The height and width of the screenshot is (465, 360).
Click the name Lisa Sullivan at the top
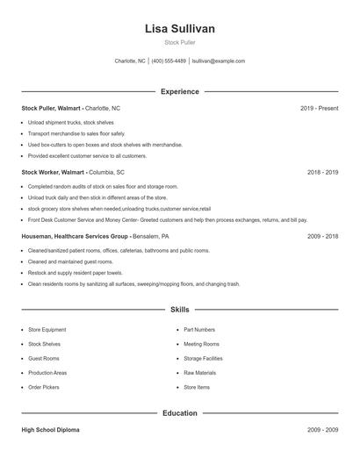[x=180, y=29]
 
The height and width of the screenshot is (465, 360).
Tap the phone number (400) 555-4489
[x=169, y=61]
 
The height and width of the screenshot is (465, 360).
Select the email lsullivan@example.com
[x=219, y=61]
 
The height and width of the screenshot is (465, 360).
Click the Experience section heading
[x=180, y=91]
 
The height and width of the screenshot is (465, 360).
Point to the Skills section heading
[x=180, y=310]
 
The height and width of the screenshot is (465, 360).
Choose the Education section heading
[x=180, y=412]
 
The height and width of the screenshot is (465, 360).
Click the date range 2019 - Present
[x=319, y=108]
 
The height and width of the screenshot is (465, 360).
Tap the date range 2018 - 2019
[x=322, y=173]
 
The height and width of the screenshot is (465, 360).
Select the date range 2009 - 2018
[x=322, y=237]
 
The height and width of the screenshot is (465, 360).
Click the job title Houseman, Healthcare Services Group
[x=75, y=237]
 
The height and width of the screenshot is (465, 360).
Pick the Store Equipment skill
[x=47, y=330]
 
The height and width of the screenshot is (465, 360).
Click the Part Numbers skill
[x=200, y=330]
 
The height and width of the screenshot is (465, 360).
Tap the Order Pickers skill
[x=44, y=387]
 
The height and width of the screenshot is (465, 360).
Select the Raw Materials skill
[x=199, y=373]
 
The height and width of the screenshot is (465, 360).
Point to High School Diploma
[x=50, y=430]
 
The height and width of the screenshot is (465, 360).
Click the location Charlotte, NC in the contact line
[x=130, y=61]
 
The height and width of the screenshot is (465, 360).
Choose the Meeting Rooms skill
[x=201, y=344]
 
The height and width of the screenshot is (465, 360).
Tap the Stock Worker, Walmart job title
[x=53, y=173]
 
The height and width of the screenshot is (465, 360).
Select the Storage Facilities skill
[x=203, y=358]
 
